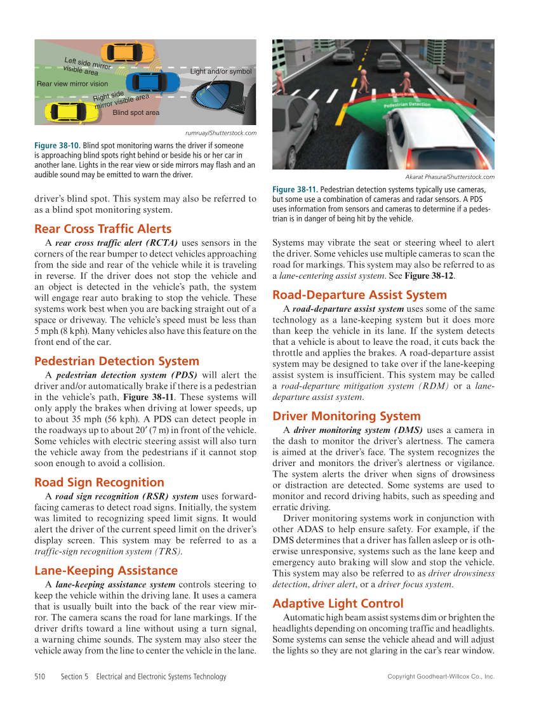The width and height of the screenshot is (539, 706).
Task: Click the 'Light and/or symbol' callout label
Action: click(221, 72)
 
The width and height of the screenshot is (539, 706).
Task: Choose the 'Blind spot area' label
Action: click(136, 112)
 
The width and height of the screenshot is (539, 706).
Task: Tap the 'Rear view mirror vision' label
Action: click(72, 84)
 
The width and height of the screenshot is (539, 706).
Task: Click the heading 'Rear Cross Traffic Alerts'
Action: click(103, 229)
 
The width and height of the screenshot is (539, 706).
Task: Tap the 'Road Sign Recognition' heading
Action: click(99, 482)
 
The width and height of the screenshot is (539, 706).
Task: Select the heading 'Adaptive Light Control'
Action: click(338, 603)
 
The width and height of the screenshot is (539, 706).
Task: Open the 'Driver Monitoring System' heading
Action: click(347, 416)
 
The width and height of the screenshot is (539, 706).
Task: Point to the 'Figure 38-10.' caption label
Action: click(57, 145)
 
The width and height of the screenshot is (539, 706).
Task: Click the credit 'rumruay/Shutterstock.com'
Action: click(220, 133)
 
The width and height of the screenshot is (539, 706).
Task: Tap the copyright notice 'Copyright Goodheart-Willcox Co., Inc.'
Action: click(441, 677)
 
